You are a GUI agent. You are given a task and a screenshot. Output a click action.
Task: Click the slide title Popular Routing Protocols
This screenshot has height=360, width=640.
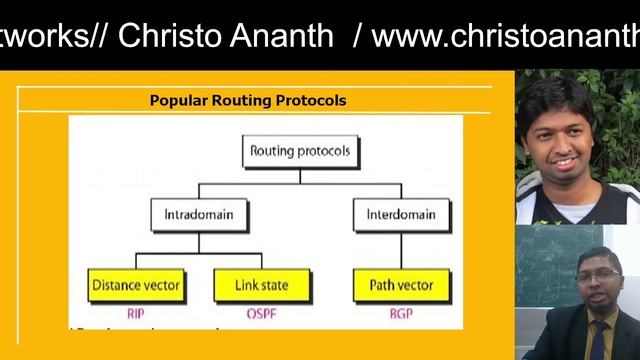pos(247,100)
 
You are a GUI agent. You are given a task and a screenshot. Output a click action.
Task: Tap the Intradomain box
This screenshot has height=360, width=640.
pos(198,214)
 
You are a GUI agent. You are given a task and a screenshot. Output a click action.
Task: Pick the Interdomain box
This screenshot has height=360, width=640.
pos(401,214)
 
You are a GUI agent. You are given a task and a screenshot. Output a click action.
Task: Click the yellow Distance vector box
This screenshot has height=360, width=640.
pos(136,286)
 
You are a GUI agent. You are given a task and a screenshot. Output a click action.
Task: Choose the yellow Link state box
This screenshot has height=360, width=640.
pos(262,286)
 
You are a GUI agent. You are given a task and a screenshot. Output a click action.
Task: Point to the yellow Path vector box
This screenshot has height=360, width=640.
pos(401,286)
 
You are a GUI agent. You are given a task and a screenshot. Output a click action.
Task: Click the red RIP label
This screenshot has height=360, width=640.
pos(136,312)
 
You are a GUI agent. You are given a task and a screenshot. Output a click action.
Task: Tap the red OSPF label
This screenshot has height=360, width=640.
pos(262,312)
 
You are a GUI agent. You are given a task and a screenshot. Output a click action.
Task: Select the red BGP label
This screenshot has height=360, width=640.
pos(401,312)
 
